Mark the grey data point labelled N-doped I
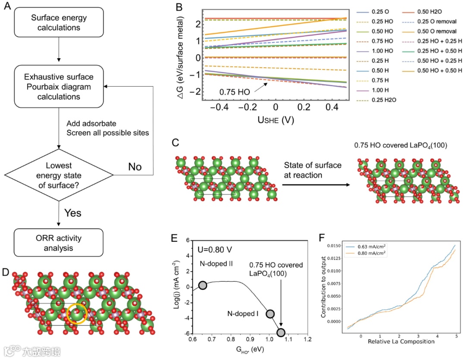(x=270, y=314)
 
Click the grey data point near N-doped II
(x=203, y=285)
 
